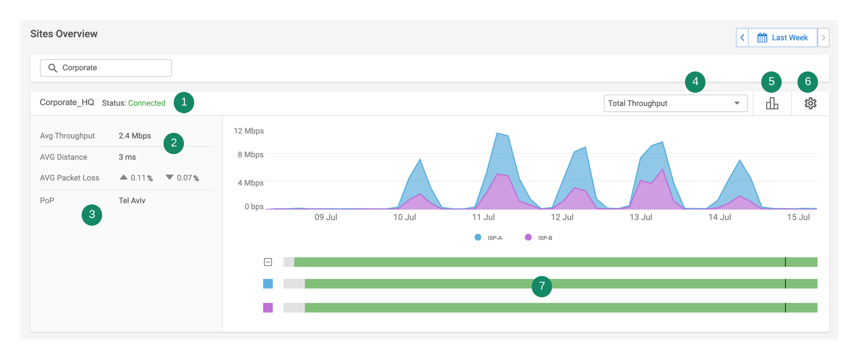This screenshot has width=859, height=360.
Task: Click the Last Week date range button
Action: click(782, 38)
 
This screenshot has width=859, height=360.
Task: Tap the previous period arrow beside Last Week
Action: click(742, 38)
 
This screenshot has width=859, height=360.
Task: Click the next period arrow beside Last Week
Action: click(823, 38)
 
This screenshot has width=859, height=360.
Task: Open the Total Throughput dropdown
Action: click(675, 103)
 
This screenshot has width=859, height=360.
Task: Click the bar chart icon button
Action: click(772, 103)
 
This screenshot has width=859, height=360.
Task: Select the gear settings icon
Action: click(810, 103)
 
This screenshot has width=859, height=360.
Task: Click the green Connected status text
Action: click(147, 103)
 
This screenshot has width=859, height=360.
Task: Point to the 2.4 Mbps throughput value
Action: click(135, 136)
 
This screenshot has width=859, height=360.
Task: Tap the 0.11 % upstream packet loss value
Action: click(141, 178)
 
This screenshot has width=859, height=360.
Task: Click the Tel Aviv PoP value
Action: click(132, 200)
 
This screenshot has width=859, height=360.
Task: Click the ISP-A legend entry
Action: click(488, 238)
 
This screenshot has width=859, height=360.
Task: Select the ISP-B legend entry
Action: click(539, 238)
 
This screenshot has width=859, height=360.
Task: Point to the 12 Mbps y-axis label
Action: click(248, 131)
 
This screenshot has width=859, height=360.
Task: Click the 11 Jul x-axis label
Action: click(483, 217)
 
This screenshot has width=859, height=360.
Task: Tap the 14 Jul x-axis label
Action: click(719, 217)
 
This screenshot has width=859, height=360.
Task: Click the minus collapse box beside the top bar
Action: click(268, 262)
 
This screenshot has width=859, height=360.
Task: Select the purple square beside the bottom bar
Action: click(268, 308)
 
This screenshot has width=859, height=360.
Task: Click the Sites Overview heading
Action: click(64, 34)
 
